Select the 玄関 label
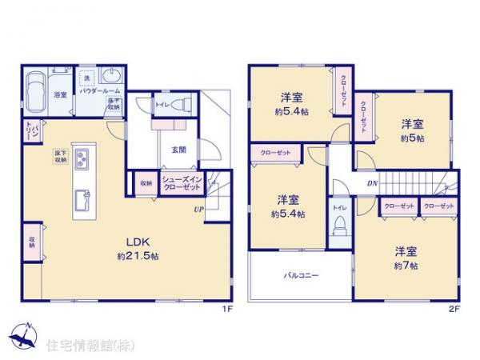tap(178, 149)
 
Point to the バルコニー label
tap(301, 276)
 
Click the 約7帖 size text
tap(406, 265)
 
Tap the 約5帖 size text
tap(412, 138)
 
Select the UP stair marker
tap(196, 210)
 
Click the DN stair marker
tap(372, 183)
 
